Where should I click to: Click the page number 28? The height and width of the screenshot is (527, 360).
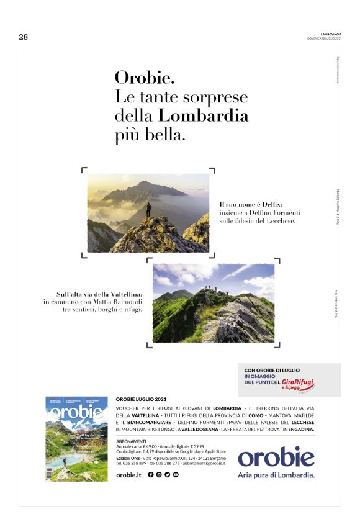[24, 37]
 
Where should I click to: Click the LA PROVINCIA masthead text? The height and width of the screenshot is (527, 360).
[331, 34]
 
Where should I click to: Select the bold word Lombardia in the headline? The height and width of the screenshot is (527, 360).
[204, 116]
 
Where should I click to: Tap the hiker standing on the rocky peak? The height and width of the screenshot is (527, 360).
[148, 209]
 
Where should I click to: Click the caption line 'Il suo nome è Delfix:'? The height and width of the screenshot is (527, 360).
[251, 204]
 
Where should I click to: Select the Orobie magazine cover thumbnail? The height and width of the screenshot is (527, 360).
[76, 438]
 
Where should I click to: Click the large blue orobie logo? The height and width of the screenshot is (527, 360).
[276, 456]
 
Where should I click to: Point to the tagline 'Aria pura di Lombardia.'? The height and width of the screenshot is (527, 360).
[276, 475]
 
